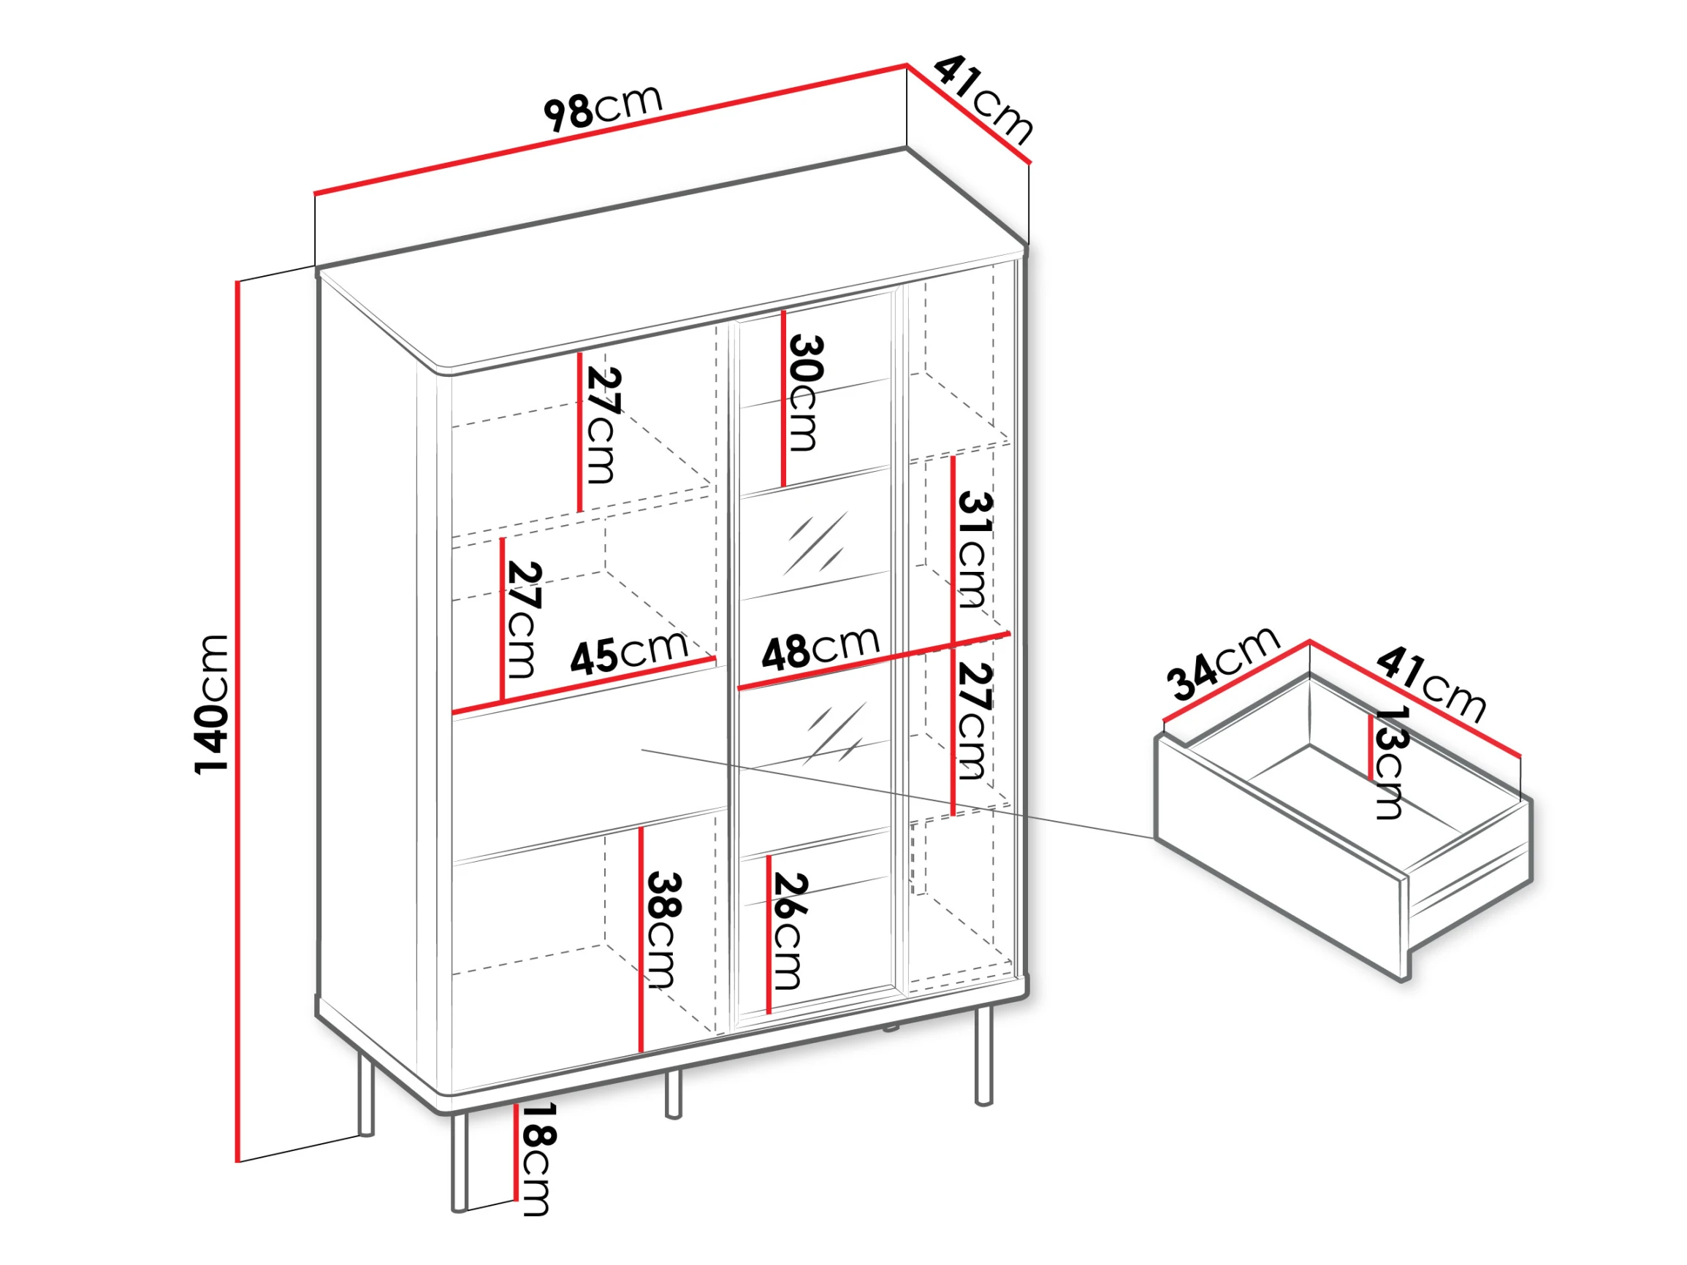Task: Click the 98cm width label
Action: [603, 107]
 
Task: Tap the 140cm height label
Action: [211, 704]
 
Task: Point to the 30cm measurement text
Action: [805, 393]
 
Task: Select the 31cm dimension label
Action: [974, 549]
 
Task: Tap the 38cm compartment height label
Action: [663, 930]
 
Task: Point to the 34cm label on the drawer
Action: [1222, 662]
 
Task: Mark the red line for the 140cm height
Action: [238, 722]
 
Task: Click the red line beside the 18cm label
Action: [517, 1152]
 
